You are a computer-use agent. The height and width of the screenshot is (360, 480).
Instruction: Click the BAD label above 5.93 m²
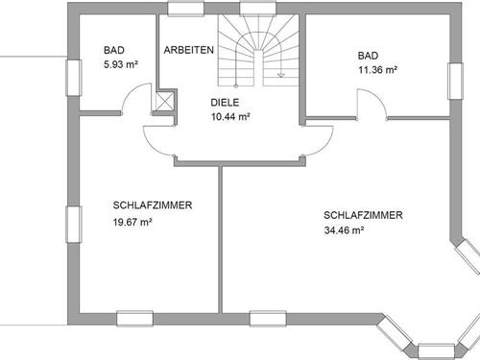pyautogui.click(x=114, y=50)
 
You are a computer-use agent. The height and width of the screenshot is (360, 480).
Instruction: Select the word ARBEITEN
pyautogui.click(x=188, y=50)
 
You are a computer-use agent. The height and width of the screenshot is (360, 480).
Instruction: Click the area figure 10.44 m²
pyautogui.click(x=230, y=116)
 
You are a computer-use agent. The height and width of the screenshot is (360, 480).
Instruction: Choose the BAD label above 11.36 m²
pyautogui.click(x=368, y=55)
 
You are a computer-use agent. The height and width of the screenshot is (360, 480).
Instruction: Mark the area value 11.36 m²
pyautogui.click(x=377, y=70)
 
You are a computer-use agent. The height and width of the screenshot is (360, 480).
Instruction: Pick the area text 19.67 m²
pyautogui.click(x=133, y=222)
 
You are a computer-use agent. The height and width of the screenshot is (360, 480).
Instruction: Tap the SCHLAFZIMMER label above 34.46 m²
pyautogui.click(x=363, y=215)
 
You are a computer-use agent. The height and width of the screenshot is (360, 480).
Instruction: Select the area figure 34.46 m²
pyautogui.click(x=344, y=230)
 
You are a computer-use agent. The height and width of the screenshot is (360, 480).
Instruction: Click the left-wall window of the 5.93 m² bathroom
pyautogui.click(x=73, y=77)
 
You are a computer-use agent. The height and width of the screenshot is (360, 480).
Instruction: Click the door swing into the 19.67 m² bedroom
pyautogui.click(x=158, y=139)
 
